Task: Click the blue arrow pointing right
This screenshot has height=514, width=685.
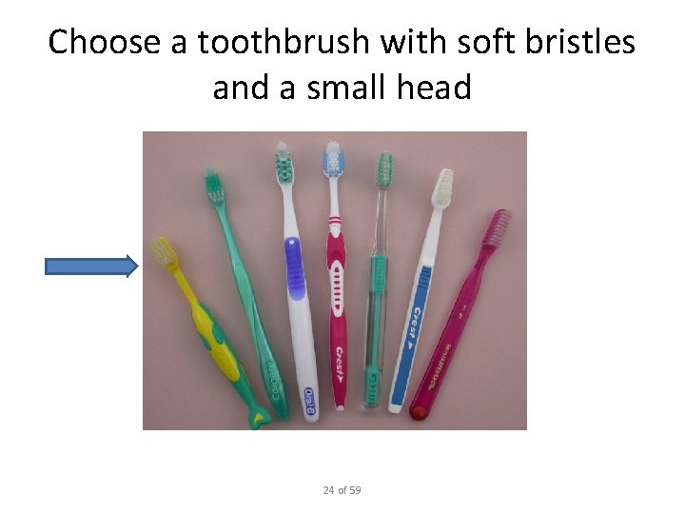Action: click(x=91, y=267)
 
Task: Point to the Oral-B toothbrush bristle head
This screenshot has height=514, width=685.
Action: click(x=284, y=165)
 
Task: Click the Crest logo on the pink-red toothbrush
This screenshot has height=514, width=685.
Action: click(x=339, y=366)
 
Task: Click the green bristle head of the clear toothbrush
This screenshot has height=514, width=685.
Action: click(x=384, y=171)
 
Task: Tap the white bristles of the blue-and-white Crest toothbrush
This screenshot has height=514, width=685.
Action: click(x=443, y=188)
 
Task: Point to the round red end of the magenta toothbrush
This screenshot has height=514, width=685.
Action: click(x=417, y=412)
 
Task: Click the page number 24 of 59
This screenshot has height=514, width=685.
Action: click(x=342, y=490)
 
